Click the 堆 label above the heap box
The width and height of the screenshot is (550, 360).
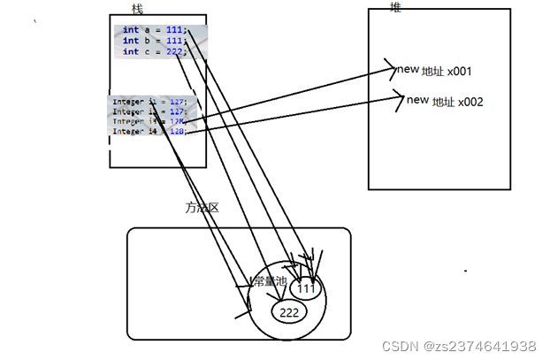click(x=395, y=6)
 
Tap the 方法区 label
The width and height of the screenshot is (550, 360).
click(x=201, y=208)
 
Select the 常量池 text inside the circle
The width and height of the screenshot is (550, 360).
click(x=269, y=281)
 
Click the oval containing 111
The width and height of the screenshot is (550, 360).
click(x=305, y=287)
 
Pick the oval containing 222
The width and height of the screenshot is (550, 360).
click(x=288, y=311)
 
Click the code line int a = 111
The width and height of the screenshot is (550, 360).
click(x=154, y=29)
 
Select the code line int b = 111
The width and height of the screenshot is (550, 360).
click(x=154, y=40)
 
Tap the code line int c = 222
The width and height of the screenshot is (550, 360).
click(x=154, y=51)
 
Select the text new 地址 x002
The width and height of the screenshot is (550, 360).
click(x=445, y=101)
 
